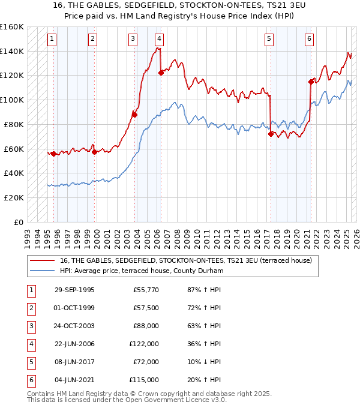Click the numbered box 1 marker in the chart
pyautogui.click(x=52, y=39)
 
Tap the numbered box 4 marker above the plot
pyautogui.click(x=158, y=39)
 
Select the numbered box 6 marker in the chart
pyautogui.click(x=309, y=39)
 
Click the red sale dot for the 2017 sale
pyautogui.click(x=271, y=134)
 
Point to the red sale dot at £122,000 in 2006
pyautogui.click(x=161, y=73)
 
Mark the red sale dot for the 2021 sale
pyautogui.click(x=311, y=82)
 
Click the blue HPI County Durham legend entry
pyautogui.click(x=142, y=271)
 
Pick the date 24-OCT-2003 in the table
pyautogui.click(x=74, y=326)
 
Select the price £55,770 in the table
pyautogui.click(x=146, y=290)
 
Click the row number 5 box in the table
pyautogui.click(x=30, y=362)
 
